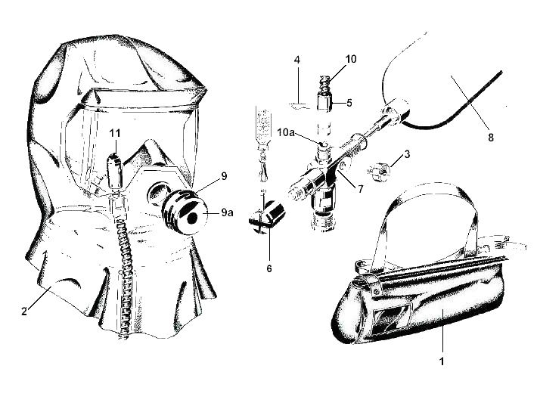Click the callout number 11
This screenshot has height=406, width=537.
(x=115, y=132)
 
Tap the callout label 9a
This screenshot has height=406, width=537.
(x=227, y=212)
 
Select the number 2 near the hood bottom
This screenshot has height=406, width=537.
(x=24, y=311)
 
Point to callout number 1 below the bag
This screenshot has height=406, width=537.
(x=442, y=361)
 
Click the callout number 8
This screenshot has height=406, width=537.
(x=491, y=138)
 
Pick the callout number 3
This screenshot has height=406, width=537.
(x=407, y=154)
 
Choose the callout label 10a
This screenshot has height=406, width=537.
(x=286, y=132)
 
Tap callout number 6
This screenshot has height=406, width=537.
(x=269, y=268)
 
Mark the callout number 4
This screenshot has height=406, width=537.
(x=297, y=60)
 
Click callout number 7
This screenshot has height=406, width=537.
(x=360, y=188)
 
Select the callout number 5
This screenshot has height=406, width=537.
(x=349, y=103)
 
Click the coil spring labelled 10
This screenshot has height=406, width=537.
(x=324, y=85)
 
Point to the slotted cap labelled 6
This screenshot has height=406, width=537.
(x=267, y=217)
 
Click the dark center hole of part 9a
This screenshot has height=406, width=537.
(x=192, y=218)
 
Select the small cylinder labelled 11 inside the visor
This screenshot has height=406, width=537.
(x=114, y=172)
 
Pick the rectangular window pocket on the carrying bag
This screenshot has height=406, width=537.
(x=393, y=318)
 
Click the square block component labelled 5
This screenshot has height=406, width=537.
(x=325, y=103)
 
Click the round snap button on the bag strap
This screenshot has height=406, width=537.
(x=377, y=291)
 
